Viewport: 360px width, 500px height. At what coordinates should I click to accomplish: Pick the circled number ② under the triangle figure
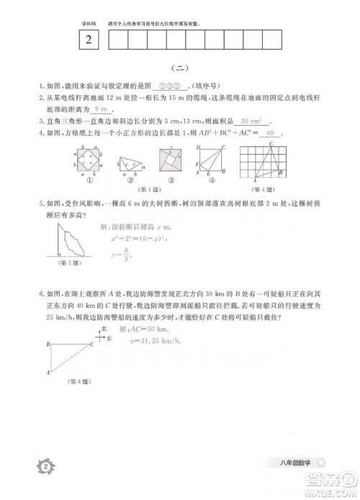click(127, 180)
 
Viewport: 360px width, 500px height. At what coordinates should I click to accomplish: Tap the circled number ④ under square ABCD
click(208, 180)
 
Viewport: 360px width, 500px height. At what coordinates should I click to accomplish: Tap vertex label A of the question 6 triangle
click(48, 372)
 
